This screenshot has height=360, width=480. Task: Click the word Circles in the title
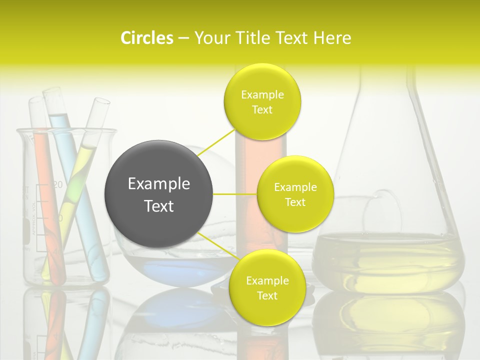pyautogui.click(x=147, y=38)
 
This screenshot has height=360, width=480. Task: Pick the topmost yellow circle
pyautogui.click(x=262, y=102)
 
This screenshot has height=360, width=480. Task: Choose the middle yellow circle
pyautogui.click(x=295, y=194)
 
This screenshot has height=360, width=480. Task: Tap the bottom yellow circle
pyautogui.click(x=267, y=288)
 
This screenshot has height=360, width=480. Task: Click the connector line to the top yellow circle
pyautogui.click(x=217, y=142)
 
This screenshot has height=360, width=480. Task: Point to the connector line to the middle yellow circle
pyautogui.click(x=235, y=194)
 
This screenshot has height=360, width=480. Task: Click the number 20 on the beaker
pyautogui.click(x=57, y=184)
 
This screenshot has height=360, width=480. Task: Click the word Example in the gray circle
pyautogui.click(x=159, y=184)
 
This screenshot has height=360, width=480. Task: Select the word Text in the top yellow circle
pyautogui.click(x=262, y=110)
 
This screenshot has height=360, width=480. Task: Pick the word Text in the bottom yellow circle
pyautogui.click(x=267, y=295)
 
